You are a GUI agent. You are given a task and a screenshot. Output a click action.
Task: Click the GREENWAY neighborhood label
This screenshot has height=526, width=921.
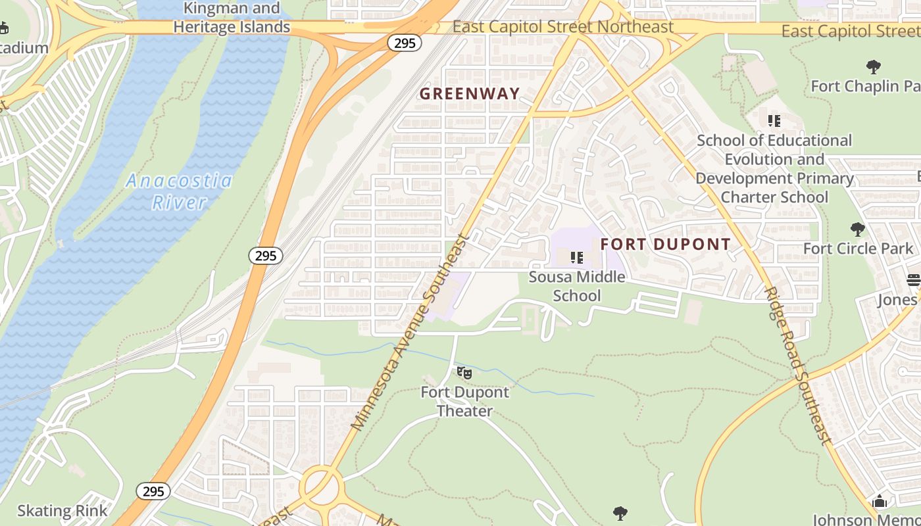point(470,94)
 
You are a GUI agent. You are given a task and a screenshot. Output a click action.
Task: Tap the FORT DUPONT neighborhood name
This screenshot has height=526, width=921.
point(665,245)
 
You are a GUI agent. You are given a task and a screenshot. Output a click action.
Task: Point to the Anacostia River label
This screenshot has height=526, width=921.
point(179,191)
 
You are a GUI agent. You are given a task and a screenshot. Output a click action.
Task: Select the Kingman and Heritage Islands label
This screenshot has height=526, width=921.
point(231,18)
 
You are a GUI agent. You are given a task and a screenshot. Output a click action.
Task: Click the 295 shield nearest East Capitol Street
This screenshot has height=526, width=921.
point(404,43)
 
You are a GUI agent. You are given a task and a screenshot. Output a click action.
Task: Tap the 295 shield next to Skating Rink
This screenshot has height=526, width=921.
point(153,491)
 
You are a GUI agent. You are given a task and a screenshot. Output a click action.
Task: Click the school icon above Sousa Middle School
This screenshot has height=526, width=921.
point(577,258)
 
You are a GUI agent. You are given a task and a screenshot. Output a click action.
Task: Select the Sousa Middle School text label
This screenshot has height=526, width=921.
point(577,286)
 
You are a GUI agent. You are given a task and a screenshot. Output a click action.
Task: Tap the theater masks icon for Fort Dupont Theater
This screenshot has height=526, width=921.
point(464,373)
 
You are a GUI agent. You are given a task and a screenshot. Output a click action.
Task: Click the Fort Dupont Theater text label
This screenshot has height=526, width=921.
point(465,402)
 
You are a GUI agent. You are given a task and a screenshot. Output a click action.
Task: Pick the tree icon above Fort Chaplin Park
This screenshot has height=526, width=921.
point(873,66)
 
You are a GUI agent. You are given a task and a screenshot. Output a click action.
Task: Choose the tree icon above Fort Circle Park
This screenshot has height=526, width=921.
point(857,229)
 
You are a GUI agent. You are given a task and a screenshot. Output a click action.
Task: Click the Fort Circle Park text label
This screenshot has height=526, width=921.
point(858,249)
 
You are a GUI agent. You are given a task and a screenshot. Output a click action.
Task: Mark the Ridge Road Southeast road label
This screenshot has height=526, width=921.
point(799,366)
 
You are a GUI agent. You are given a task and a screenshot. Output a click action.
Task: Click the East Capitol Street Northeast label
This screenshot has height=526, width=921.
point(563,27)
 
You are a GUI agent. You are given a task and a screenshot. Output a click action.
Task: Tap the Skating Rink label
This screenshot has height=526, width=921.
point(62,511)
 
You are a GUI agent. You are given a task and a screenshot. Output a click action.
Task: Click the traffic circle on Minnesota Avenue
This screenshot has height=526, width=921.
point(322,487)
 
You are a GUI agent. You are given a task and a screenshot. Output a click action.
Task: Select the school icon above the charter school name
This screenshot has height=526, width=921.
point(774,121)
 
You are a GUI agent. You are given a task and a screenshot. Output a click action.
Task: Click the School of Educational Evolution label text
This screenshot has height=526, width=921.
point(774,169)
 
